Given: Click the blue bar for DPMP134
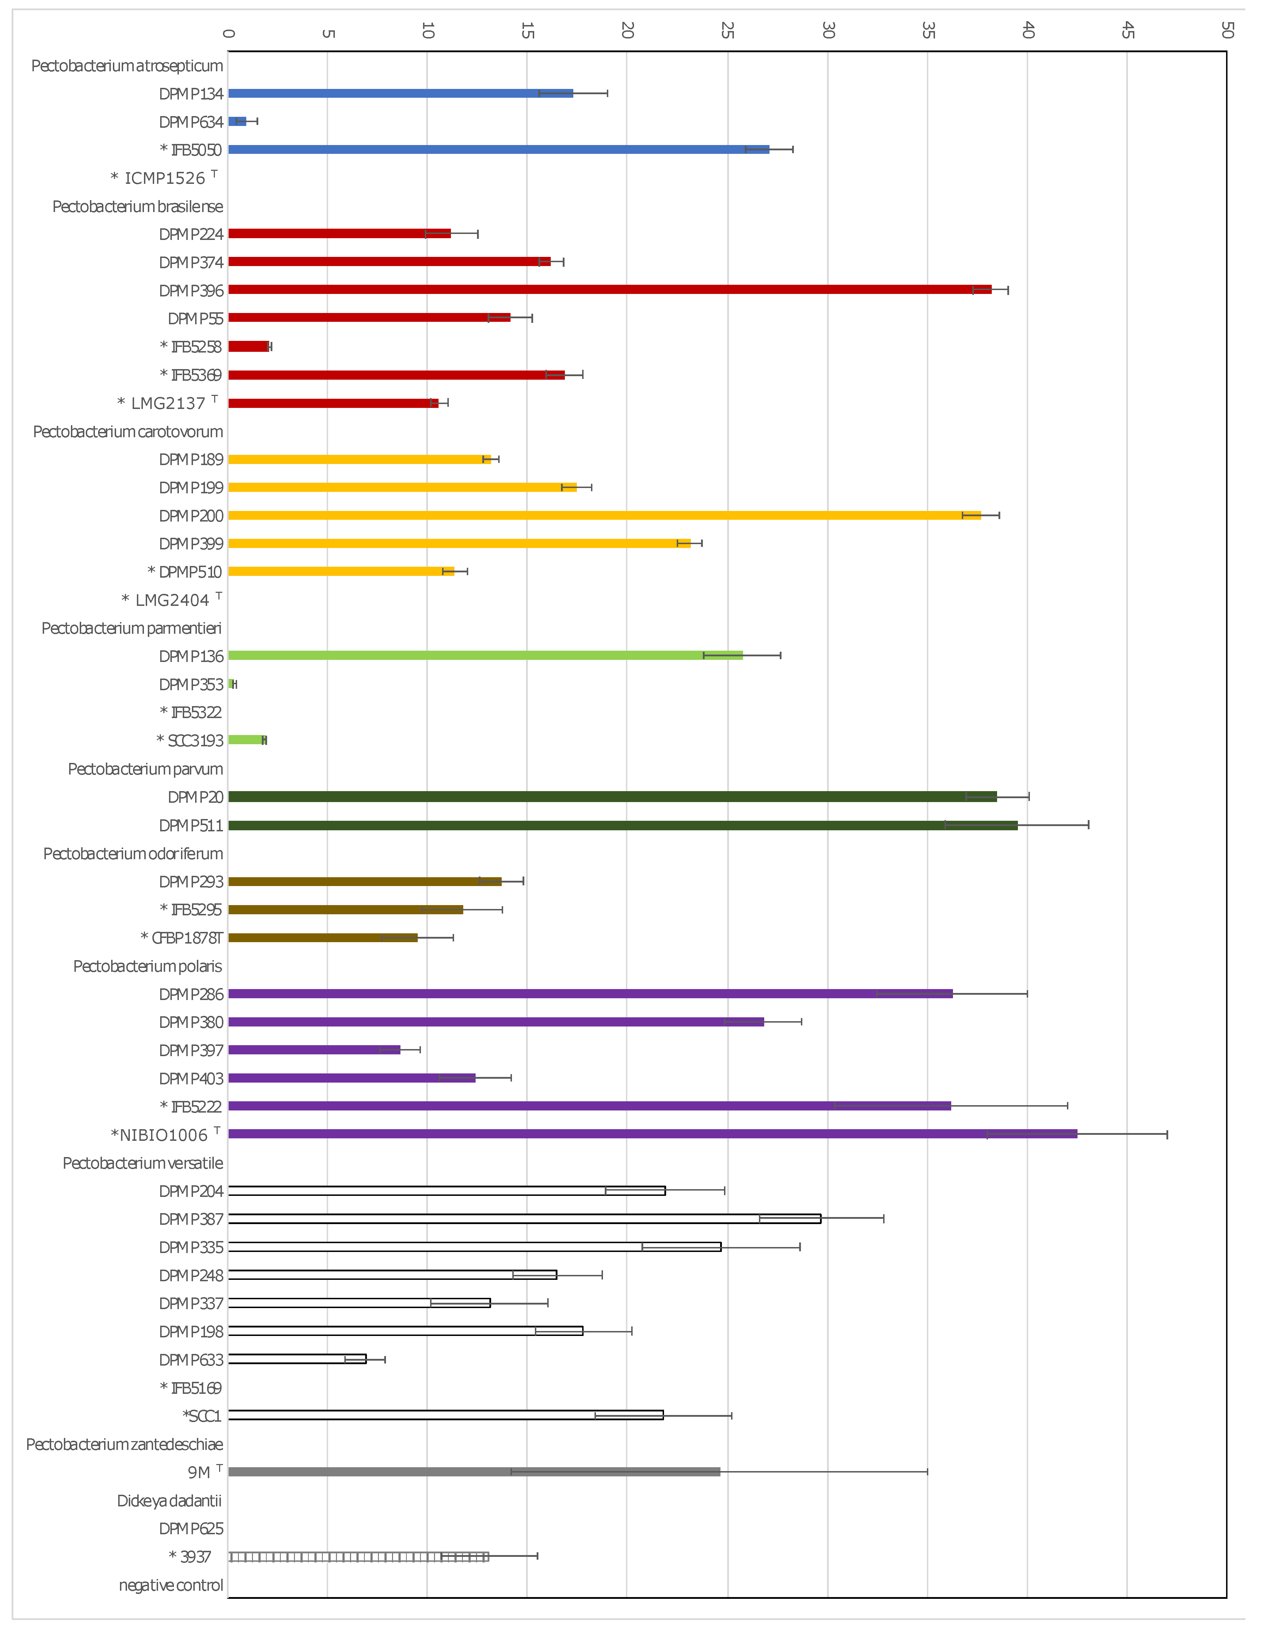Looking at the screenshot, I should (400, 93).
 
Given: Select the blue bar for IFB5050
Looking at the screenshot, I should (499, 149).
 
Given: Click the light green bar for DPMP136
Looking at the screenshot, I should (485, 656).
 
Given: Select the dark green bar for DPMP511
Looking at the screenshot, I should (622, 825).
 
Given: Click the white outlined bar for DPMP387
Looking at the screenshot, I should (524, 1219).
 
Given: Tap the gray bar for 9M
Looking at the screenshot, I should (474, 1471).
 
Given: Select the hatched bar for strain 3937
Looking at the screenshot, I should (358, 1556).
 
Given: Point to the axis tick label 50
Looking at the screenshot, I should (1226, 30).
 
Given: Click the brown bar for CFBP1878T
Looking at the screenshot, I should (322, 938).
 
